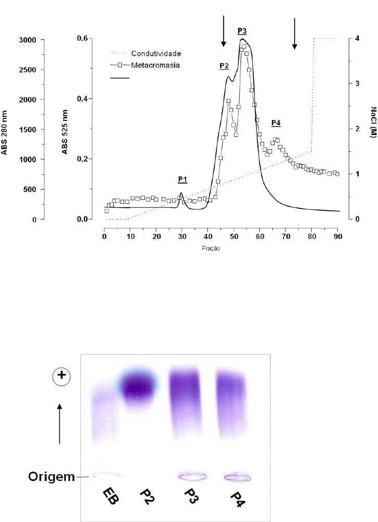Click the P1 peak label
[182, 179]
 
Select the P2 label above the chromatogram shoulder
[224, 66]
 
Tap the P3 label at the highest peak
[242, 31]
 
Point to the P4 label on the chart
[276, 123]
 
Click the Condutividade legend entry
[156, 53]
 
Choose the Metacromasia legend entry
[155, 66]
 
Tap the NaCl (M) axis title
[373, 123]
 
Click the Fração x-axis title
[211, 249]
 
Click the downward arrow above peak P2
[223, 31]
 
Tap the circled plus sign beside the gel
[61, 378]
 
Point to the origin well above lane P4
[237, 477]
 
